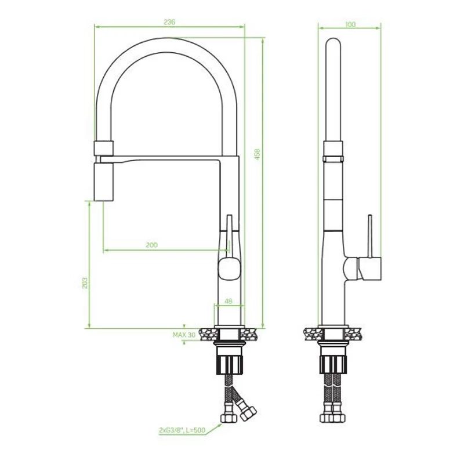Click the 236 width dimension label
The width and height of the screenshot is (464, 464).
(169, 22)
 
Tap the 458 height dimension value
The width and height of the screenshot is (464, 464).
(257, 154)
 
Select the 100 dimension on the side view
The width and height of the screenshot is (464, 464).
(350, 24)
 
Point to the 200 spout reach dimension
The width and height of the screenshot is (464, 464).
(151, 245)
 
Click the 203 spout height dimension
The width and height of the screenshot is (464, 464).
(85, 283)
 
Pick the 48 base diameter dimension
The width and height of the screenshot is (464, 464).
(229, 301)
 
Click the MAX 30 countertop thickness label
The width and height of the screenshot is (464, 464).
(184, 335)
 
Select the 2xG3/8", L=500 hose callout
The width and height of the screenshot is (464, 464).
(182, 430)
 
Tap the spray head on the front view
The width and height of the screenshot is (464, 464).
(104, 182)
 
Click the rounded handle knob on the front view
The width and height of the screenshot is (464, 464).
(229, 269)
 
